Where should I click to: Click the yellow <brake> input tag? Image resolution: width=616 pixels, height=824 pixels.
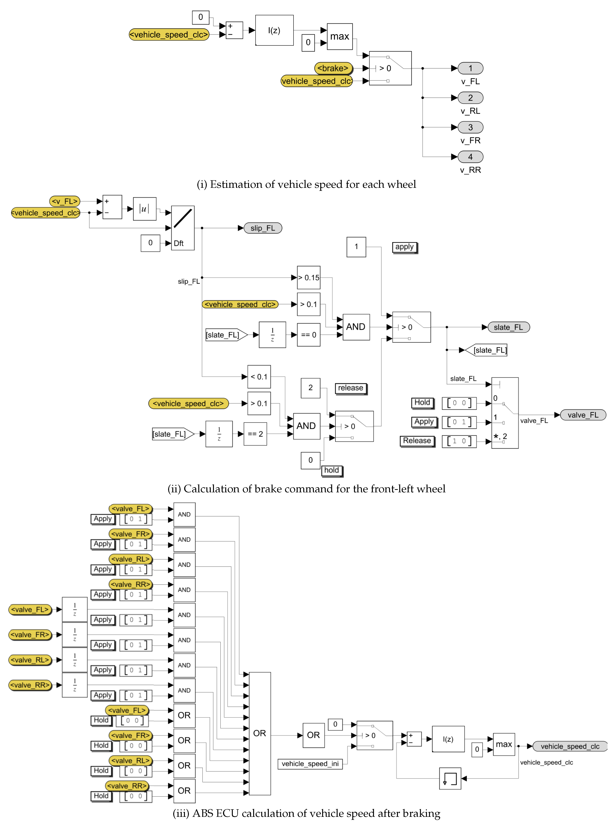click(x=333, y=68)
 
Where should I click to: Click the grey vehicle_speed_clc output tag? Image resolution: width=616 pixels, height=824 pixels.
click(x=570, y=746)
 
